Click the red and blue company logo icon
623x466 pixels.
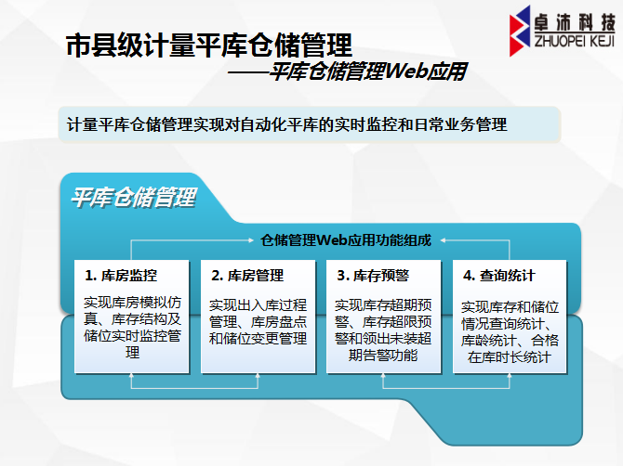tap(520, 31)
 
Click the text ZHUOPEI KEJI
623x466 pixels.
tap(575, 41)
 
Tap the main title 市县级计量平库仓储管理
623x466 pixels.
tap(209, 45)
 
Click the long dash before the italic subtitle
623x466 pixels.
tap(248, 72)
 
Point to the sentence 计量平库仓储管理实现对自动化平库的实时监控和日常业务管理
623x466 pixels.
tap(287, 124)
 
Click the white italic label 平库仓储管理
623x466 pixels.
tap(134, 197)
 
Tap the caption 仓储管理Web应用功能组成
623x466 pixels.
tap(346, 240)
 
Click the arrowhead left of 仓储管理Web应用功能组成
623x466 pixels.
tap(251, 239)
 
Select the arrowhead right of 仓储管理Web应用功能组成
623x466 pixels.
tap(443, 239)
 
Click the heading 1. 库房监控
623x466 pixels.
tap(121, 276)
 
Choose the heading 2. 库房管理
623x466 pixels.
tap(247, 276)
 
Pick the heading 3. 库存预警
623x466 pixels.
tap(373, 276)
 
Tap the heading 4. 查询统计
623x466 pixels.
tap(499, 276)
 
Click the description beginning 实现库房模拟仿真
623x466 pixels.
tap(132, 327)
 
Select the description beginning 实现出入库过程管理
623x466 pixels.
tap(258, 321)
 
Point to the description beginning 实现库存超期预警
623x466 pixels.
tap(383, 330)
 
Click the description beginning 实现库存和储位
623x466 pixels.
tap(510, 332)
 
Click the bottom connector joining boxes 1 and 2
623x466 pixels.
tap(194, 387)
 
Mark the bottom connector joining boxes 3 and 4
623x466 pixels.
tap(446, 387)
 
